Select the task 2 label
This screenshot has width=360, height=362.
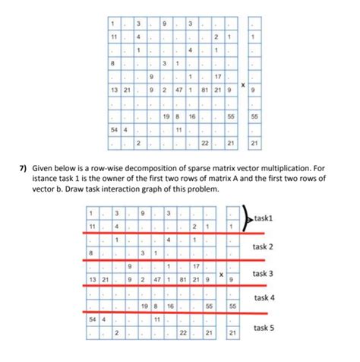tap(267, 246)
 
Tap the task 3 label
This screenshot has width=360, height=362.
tap(267, 273)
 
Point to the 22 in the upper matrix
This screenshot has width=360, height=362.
tap(204, 142)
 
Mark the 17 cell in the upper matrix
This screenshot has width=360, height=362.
tap(217, 77)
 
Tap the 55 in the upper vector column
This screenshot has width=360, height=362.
tap(254, 117)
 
